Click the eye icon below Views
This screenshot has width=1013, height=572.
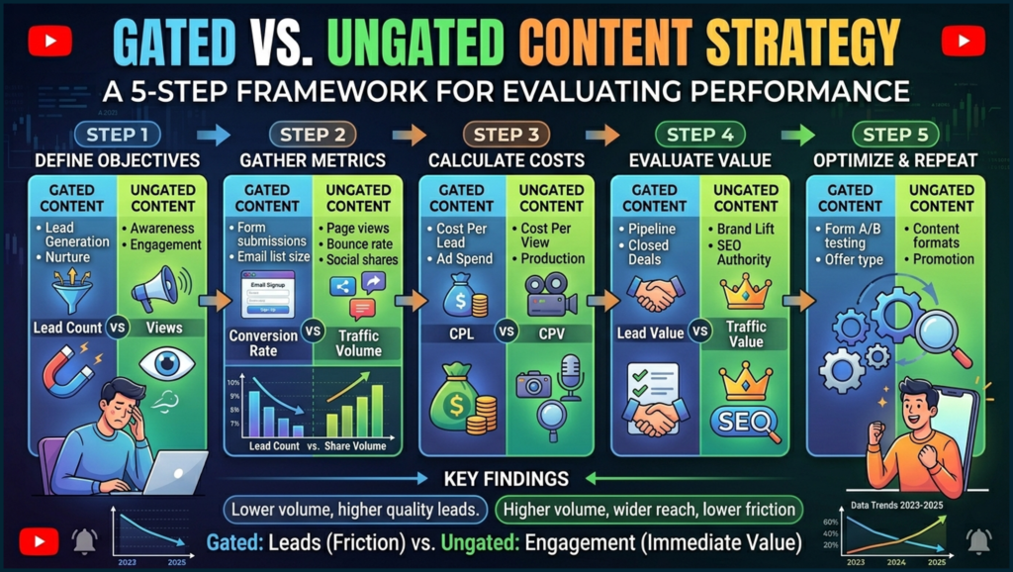(160, 364)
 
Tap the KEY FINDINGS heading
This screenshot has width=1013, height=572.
(506, 479)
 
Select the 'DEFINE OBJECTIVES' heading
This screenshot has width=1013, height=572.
(117, 160)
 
